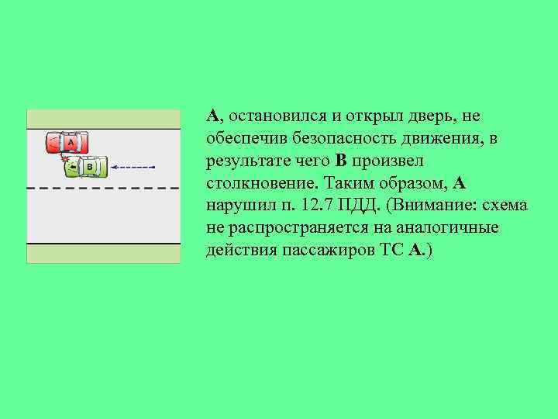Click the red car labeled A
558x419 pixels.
(x=67, y=143)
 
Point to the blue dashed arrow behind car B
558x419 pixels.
(x=134, y=167)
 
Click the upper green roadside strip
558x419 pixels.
(x=103, y=119)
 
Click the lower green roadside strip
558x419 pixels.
(x=103, y=253)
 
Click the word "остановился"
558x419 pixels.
(x=274, y=116)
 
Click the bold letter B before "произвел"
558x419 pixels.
(x=342, y=161)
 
